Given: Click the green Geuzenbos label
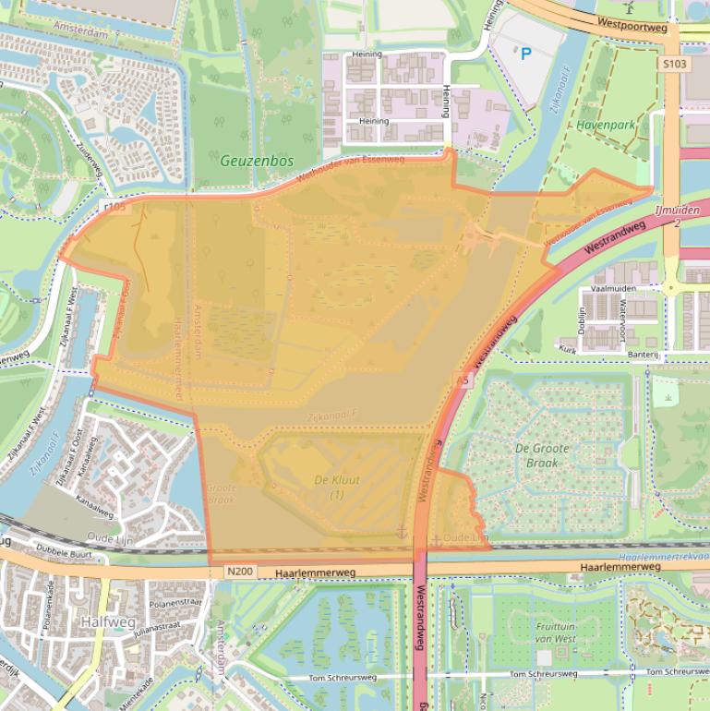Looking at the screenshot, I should click(x=256, y=161).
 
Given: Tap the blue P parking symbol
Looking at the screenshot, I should click(x=526, y=54).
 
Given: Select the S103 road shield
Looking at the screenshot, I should click(x=674, y=64).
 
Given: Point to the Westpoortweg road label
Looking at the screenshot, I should click(x=632, y=27).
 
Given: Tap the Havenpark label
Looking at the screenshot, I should click(x=606, y=124).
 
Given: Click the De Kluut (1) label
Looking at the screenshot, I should click(x=337, y=487).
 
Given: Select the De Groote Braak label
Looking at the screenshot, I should click(x=542, y=455).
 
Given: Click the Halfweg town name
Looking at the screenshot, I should click(x=107, y=621).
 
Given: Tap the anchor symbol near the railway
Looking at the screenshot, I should click(x=401, y=532).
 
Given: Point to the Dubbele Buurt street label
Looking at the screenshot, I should click(x=65, y=554).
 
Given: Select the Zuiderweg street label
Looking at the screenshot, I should click(x=91, y=163).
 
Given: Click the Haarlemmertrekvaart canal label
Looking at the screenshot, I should click(x=663, y=557).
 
